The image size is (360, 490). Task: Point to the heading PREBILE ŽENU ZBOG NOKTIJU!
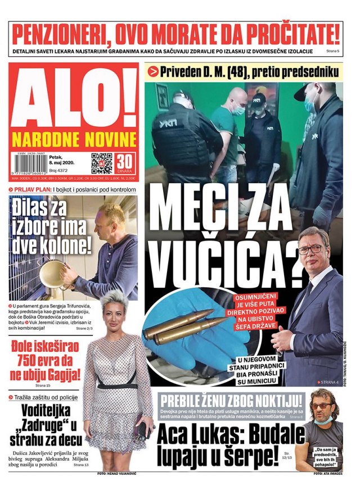[x=231, y=401]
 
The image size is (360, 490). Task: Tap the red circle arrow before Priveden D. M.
[x=152, y=72]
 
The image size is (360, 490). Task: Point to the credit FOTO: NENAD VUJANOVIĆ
[x=117, y=474]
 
